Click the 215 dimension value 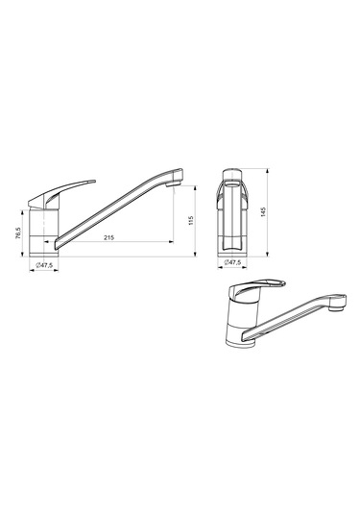108,237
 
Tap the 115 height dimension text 191,221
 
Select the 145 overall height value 264,212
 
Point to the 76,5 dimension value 18,233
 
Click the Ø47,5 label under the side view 44,265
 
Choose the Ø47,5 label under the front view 232,262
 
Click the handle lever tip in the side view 94,181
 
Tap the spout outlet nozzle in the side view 173,184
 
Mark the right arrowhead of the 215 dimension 171,242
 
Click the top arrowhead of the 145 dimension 267,171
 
